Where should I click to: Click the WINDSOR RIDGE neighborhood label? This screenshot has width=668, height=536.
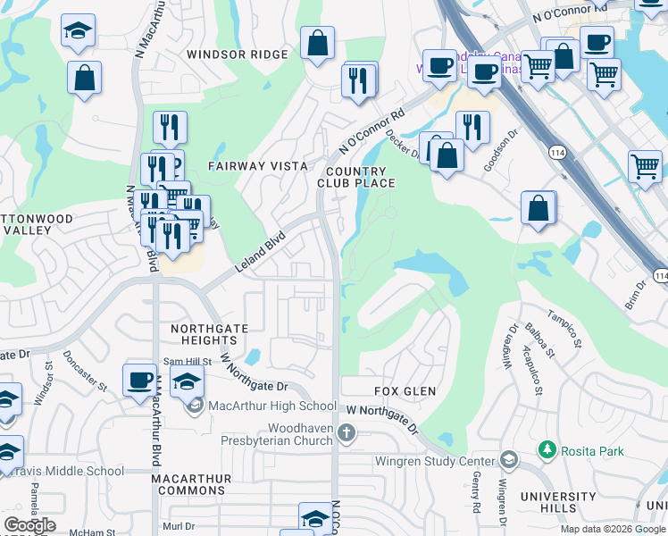click(x=238, y=54)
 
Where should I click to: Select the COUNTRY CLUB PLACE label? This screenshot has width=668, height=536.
click(x=356, y=177)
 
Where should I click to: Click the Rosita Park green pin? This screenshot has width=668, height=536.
click(x=547, y=450)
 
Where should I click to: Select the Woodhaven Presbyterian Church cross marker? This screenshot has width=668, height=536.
click(x=347, y=433)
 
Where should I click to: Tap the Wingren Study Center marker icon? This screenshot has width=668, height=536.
click(x=508, y=459)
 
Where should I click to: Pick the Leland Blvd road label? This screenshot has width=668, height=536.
click(x=259, y=253)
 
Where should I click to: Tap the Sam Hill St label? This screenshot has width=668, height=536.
click(x=186, y=362)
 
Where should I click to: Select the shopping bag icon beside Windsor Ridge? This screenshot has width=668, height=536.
click(x=317, y=42)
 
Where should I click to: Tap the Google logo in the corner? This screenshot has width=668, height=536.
click(x=29, y=525)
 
